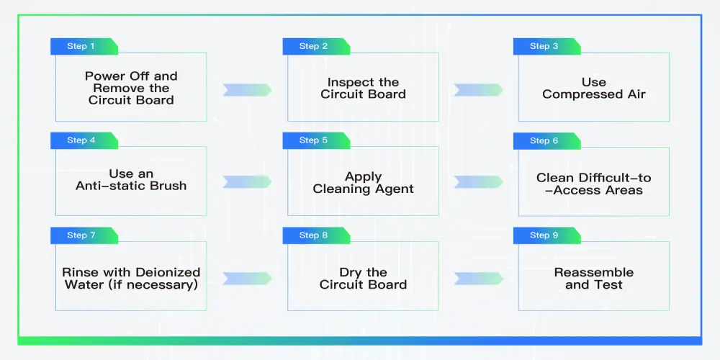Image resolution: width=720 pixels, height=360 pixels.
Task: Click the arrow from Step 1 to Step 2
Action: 247,90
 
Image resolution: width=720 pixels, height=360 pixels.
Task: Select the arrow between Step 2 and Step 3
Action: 478,90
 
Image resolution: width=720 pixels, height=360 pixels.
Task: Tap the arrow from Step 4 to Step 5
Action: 247,182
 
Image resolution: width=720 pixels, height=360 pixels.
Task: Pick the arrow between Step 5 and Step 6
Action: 478,182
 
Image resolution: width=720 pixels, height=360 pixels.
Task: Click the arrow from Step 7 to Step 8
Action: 247,278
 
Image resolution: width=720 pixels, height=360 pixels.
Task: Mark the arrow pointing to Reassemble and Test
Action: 478,278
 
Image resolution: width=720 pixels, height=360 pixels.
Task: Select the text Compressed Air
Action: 594,94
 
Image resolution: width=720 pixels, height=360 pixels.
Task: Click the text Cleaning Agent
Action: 363,189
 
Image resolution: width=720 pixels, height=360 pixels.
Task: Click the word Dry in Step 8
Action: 351,273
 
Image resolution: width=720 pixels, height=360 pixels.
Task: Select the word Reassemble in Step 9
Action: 594,273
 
